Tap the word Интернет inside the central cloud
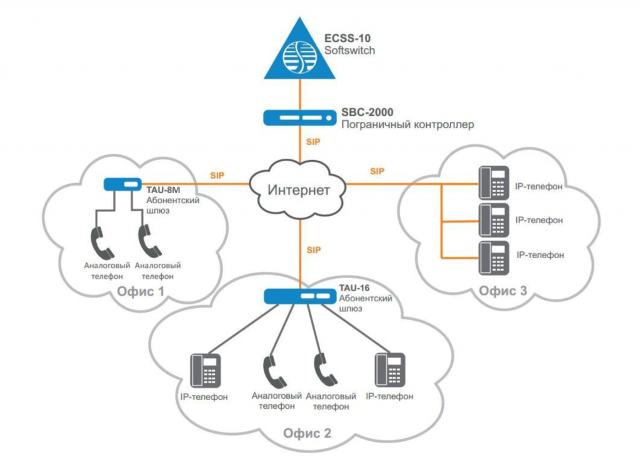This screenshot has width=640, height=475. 299,190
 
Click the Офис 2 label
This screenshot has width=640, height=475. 307,433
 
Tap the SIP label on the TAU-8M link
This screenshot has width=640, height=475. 217,175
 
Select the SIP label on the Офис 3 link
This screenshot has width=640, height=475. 377,171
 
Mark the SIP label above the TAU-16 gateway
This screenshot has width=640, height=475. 314,250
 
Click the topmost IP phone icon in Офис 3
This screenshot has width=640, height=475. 494,183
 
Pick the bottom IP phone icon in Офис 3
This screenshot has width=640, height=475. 494,257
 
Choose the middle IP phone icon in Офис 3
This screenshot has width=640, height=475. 494,220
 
